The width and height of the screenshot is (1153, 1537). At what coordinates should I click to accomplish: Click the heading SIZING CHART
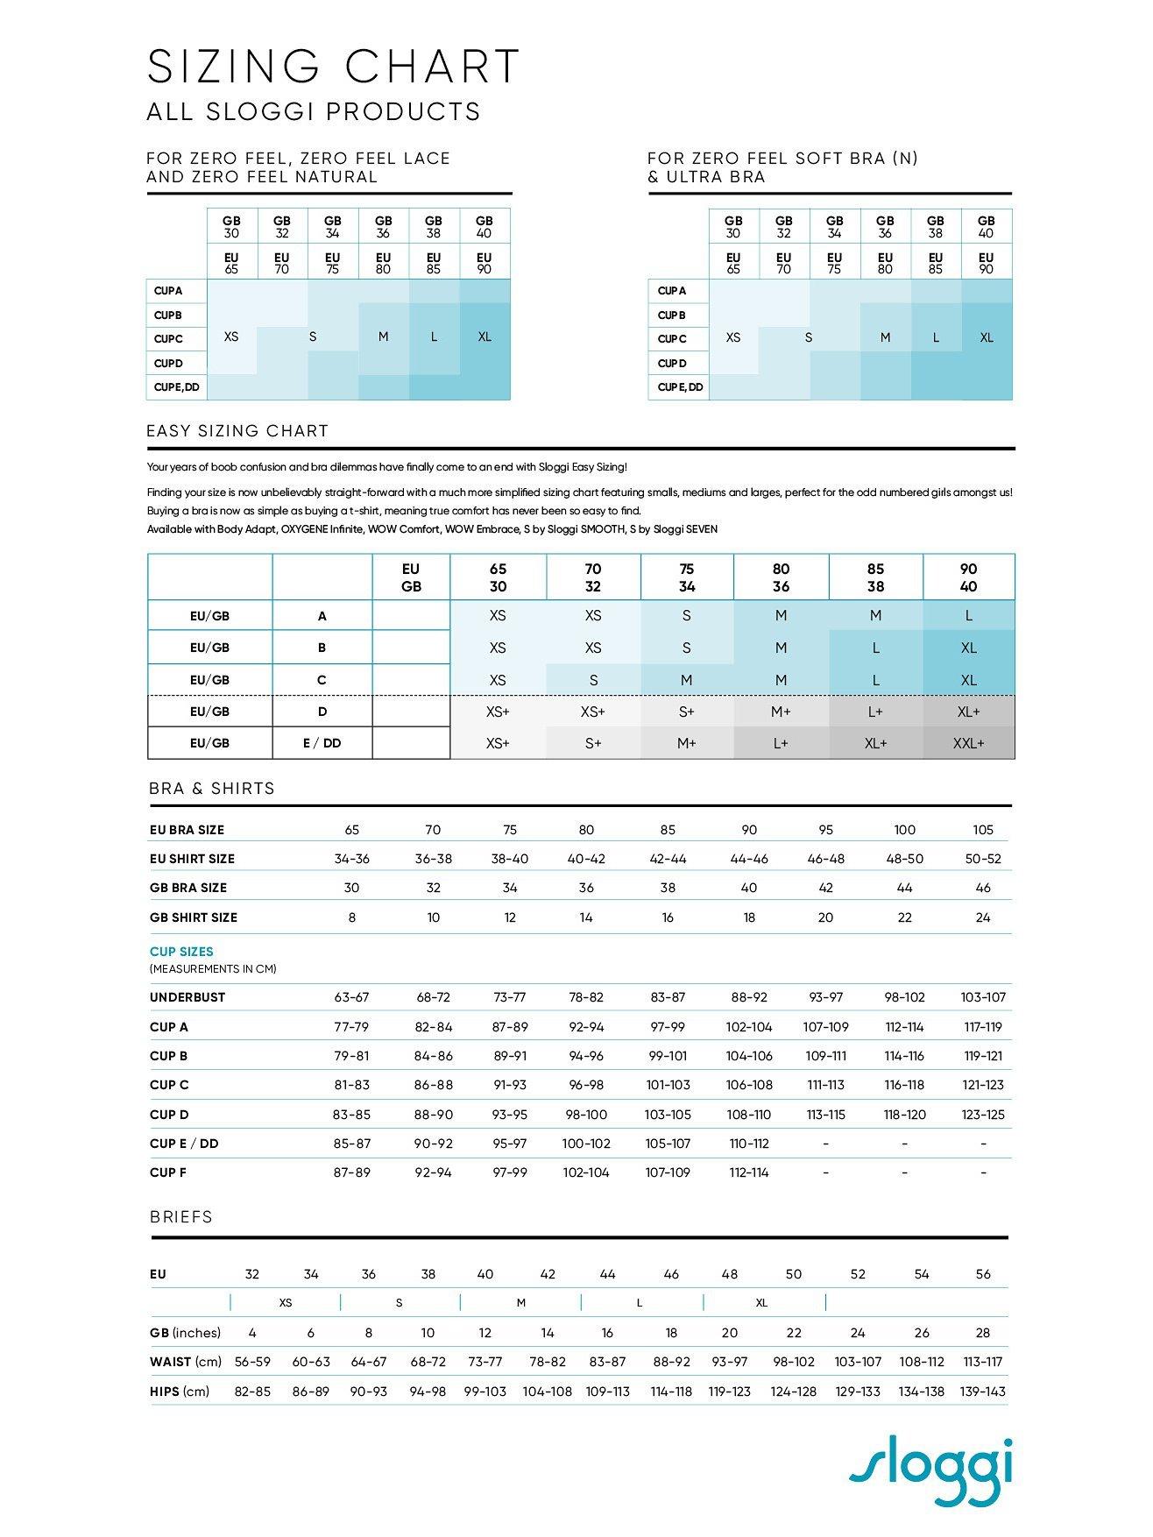point(334,67)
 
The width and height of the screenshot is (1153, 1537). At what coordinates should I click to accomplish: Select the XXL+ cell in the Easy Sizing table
point(968,743)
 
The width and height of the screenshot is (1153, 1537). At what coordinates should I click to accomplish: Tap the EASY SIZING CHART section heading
point(238,431)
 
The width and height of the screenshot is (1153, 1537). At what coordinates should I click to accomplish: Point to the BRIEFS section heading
point(181,1217)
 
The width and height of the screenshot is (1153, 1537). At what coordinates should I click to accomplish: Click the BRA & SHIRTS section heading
point(212,789)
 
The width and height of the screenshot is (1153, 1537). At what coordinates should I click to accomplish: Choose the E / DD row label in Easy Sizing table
point(322,743)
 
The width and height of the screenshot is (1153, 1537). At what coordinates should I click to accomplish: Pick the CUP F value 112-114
point(748,1172)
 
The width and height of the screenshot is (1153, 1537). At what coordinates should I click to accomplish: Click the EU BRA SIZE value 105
point(982,830)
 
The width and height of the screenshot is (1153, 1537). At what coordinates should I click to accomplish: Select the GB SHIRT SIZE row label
point(194,917)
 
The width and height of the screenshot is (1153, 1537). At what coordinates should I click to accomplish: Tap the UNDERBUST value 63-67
point(351,997)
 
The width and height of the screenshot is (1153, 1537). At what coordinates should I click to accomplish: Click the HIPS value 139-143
point(982,1392)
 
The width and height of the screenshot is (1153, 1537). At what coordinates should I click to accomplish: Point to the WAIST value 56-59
point(252,1362)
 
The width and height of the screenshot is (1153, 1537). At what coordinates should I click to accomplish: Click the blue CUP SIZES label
point(181,952)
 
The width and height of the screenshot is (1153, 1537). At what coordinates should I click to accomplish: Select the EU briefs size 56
point(982,1274)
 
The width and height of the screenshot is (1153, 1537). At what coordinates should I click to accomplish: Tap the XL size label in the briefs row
point(761,1303)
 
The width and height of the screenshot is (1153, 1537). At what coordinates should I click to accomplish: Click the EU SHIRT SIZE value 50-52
point(982,859)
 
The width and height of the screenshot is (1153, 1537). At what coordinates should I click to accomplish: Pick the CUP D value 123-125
point(982,1115)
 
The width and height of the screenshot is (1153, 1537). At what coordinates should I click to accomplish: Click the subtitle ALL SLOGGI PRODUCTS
point(314,112)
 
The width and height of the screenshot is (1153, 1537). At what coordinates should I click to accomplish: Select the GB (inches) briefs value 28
point(982,1333)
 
